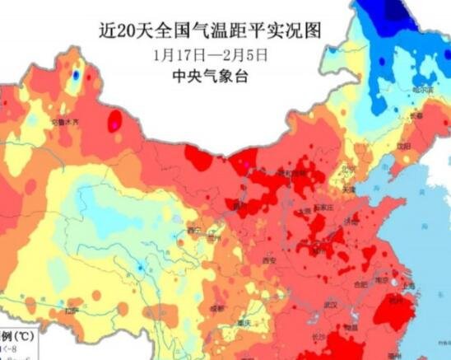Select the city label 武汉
pos(333,305)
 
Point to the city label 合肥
pos(360,284)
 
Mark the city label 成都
pos(216,307)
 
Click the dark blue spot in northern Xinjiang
pos(76,75)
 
